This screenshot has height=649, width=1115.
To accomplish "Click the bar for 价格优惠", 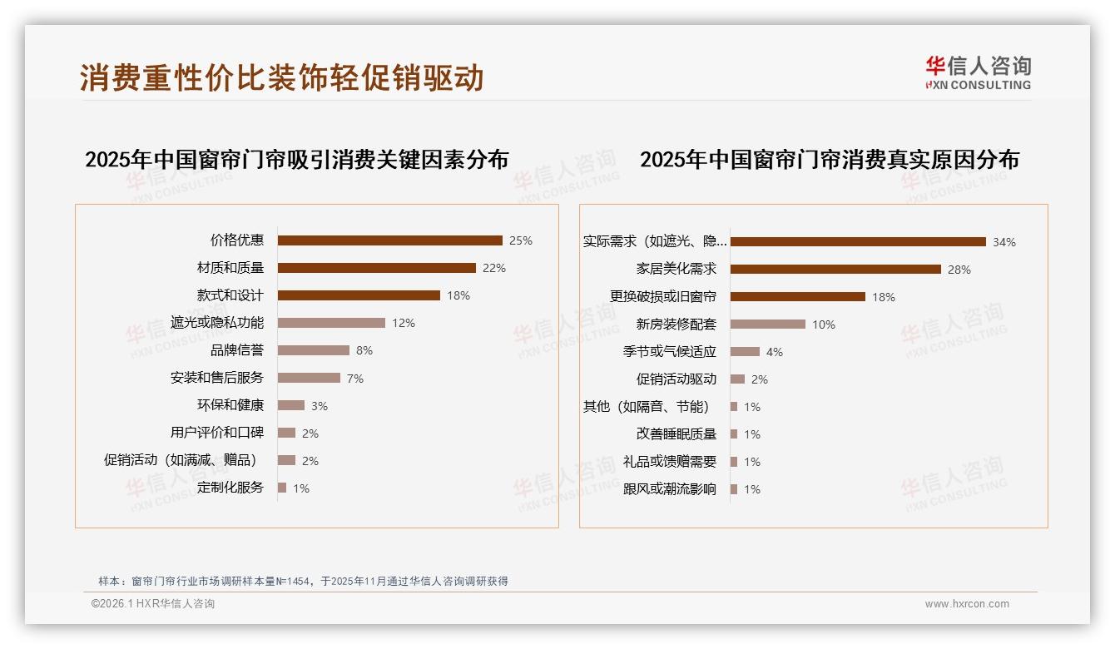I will pos(389,240).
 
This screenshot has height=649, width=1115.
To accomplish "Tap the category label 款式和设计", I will pos(230,295).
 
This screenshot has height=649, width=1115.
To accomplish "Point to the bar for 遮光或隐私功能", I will pos(331,323).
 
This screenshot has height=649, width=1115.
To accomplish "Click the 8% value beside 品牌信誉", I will pos(364,350).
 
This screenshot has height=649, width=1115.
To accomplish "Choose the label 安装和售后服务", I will pos(216,378).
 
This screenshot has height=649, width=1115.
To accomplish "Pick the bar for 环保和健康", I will pos(291,405).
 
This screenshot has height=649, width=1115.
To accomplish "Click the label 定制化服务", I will pos(230,488).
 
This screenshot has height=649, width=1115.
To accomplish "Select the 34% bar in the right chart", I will pos(858,242).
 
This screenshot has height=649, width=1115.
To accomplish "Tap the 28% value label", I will pos(959,270).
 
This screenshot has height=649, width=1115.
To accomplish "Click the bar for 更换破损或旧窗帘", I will pos(798,297).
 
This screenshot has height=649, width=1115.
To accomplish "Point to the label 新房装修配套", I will pos(676,324).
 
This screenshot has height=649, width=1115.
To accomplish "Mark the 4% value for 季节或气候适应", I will pos(775,352).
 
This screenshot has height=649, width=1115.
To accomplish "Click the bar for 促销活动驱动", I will pos(737,379).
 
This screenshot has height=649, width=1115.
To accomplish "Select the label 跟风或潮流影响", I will pos(669,489).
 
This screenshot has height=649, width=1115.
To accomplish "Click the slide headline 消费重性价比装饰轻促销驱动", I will pos(282,78).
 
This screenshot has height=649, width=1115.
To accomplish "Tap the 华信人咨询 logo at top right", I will pos(978,72).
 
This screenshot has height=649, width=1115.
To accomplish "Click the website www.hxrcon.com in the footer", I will pos(967,604).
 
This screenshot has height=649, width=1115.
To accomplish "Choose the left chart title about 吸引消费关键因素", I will pos(296,160).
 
